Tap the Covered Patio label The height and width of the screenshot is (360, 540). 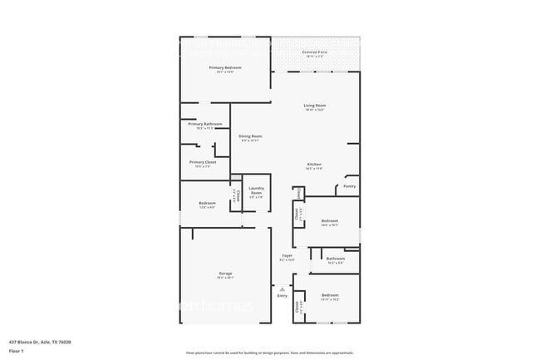tap(314, 52)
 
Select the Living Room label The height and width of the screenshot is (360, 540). tap(314, 106)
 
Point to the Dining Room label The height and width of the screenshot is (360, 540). tap(250, 136)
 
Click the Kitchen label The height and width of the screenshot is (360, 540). tap(314, 165)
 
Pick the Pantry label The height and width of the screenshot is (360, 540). tap(350, 187)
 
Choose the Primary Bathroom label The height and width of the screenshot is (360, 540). tap(204, 124)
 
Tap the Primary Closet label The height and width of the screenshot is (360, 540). tap(204, 162)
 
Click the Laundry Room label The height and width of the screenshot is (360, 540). tap(256, 190)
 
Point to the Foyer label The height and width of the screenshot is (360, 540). tap(287, 255)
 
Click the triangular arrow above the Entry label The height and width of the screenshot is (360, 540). tap(282, 288)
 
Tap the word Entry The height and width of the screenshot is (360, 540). tap(282, 296)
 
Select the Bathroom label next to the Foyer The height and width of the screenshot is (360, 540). tap(335, 259)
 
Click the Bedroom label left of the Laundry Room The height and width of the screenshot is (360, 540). tap(207, 203)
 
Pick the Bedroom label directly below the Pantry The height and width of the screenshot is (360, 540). tap(330, 220)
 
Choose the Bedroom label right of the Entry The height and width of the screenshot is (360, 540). tap(330, 295)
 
